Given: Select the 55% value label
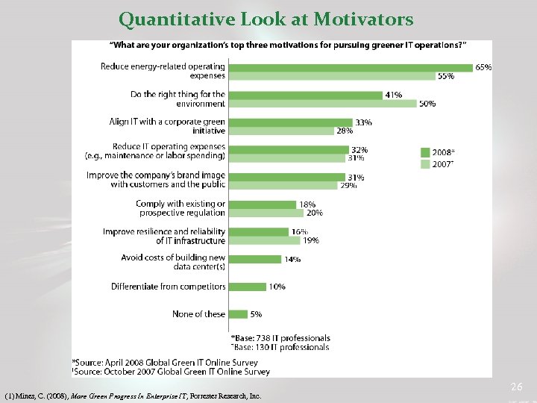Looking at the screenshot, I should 446,76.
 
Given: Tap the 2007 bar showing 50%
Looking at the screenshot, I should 321,104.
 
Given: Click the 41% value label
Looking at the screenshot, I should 393,95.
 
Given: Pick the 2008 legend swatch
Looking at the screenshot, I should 426,151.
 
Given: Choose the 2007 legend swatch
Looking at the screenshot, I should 426,163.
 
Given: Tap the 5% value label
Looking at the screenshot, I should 255,314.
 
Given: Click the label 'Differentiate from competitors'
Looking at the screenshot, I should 168,287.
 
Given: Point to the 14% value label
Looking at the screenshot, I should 292,260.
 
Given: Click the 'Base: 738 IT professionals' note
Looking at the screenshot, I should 280,339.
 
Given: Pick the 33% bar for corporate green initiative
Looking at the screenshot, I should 289,122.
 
